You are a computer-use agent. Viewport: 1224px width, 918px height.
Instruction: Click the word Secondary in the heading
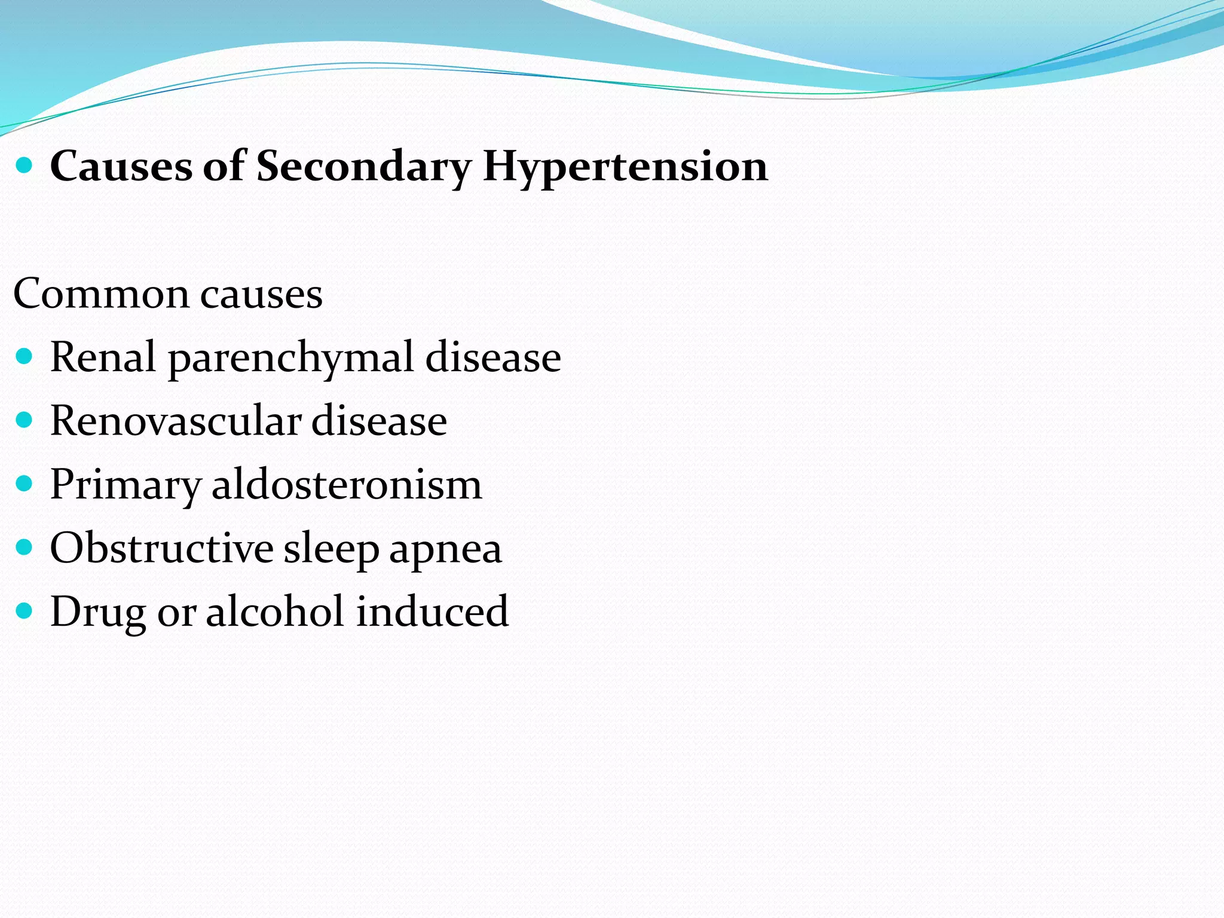click(363, 166)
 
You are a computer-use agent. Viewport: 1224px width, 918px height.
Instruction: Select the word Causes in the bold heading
click(121, 166)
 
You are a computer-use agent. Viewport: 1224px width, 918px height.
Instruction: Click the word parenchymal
click(291, 358)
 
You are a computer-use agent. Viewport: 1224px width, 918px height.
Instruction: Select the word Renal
click(103, 357)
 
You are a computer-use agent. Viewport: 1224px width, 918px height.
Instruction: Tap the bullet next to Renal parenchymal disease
click(24, 357)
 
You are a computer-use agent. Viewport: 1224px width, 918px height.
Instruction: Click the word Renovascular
click(175, 421)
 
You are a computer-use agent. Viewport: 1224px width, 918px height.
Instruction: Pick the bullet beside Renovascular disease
click(24, 420)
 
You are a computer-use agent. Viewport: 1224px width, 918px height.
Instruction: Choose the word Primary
click(125, 485)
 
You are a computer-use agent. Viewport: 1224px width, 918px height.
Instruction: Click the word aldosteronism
click(347, 484)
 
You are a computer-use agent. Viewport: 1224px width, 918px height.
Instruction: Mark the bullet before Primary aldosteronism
click(24, 484)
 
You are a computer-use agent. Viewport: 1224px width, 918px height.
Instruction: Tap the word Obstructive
click(161, 548)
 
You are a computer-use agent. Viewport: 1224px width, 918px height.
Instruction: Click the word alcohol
click(274, 611)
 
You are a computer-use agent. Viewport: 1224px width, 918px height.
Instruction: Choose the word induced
click(432, 611)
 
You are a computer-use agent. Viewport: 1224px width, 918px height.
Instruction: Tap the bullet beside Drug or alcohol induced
click(24, 611)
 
